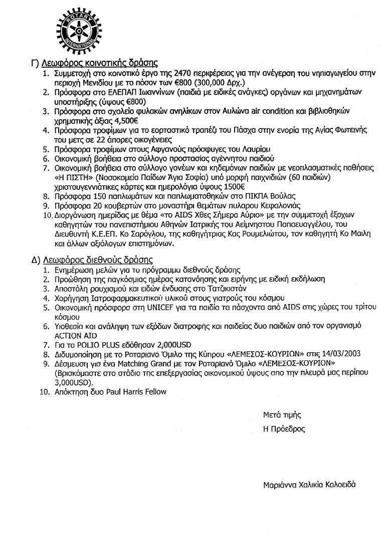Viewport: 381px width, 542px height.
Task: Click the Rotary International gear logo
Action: click(x=76, y=31)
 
